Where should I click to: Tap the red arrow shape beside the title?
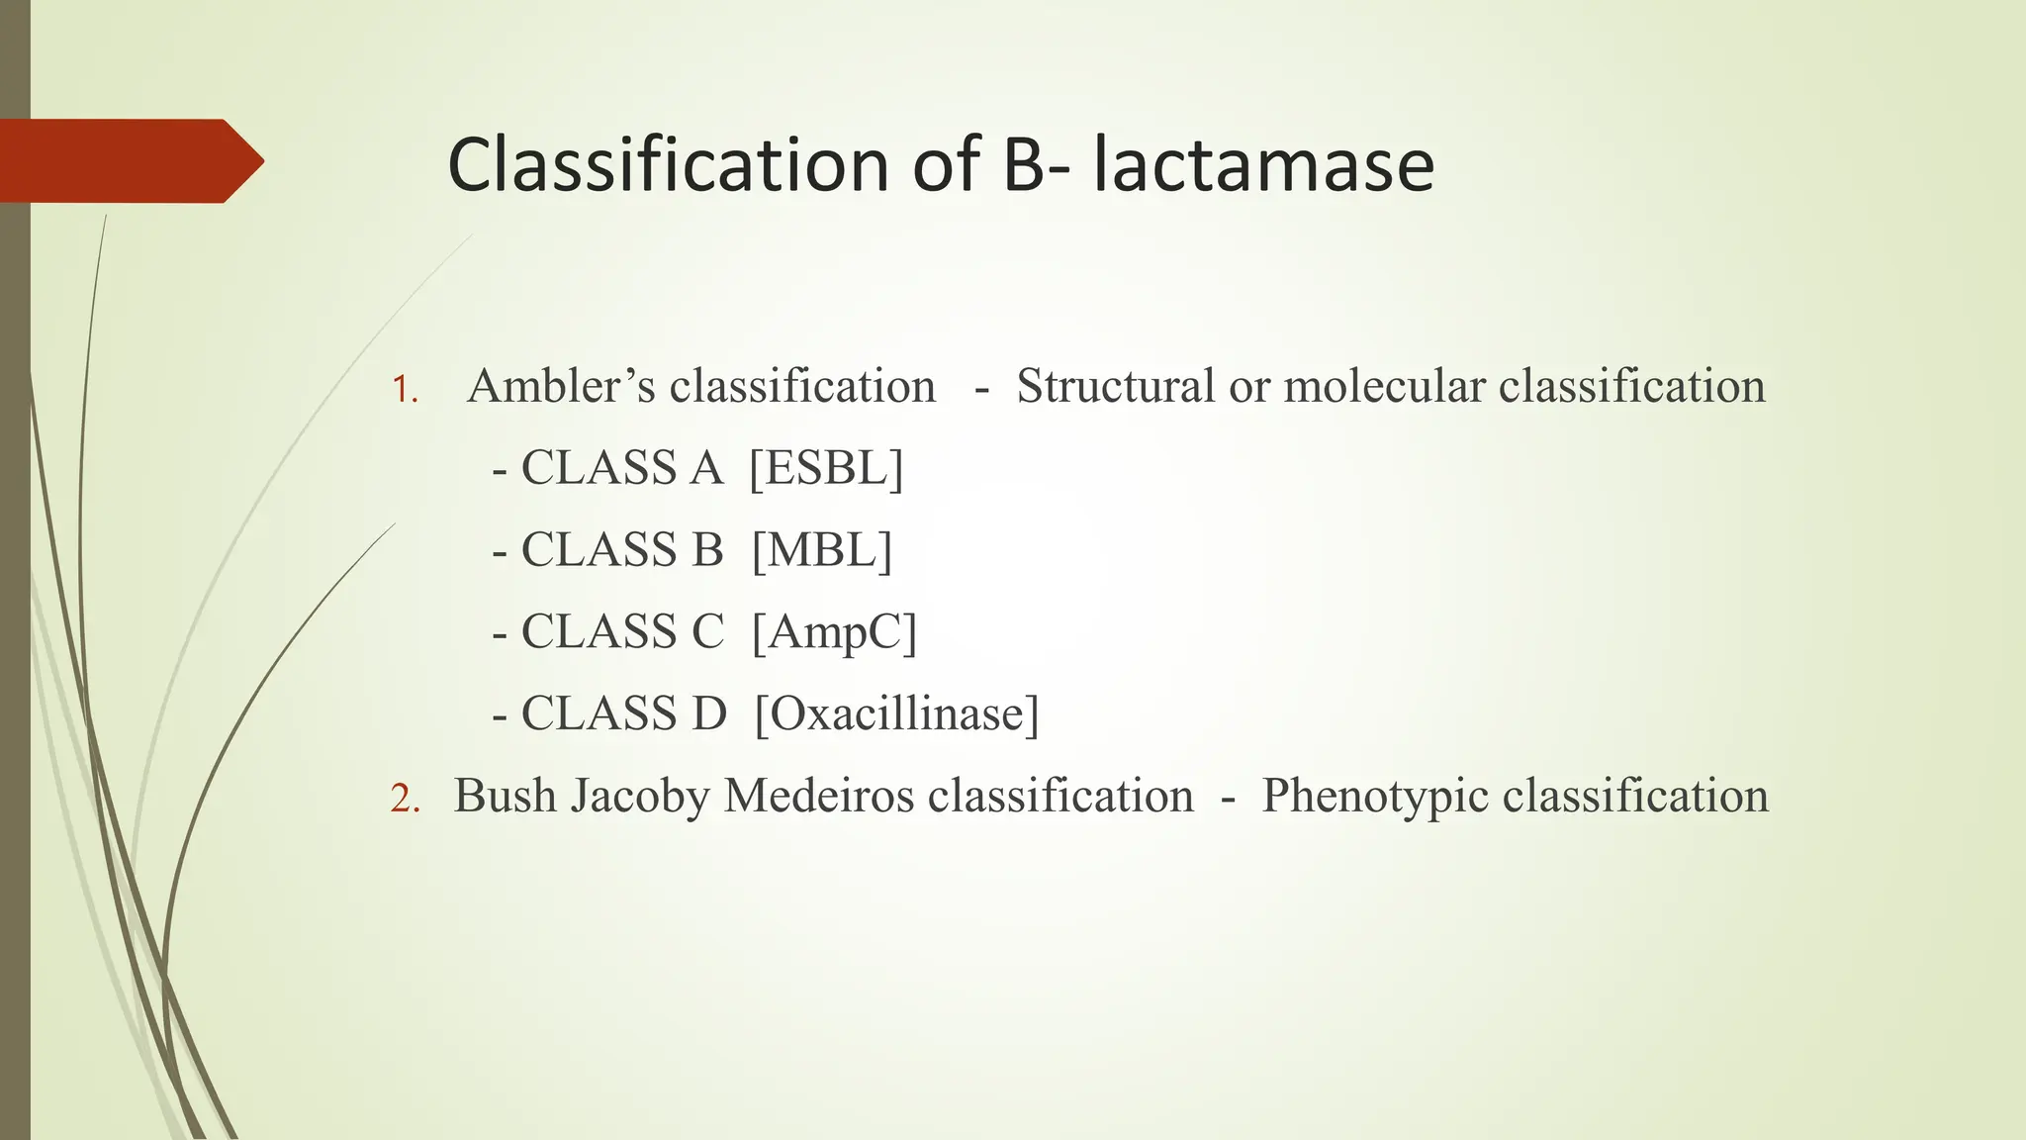pos(129,160)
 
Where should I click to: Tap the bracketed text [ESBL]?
pos(826,468)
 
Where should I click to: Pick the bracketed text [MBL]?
pos(821,550)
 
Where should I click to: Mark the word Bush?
pos(505,796)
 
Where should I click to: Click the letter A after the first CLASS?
pos(706,468)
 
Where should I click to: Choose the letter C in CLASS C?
pos(707,632)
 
